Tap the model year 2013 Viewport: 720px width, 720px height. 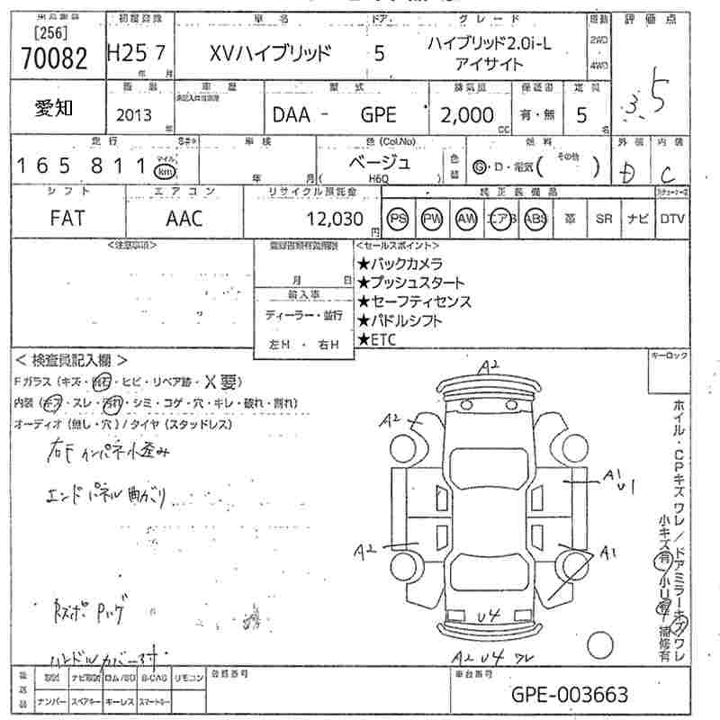click(x=135, y=115)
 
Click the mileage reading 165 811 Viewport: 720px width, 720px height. click(x=82, y=166)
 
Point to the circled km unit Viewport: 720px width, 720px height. click(x=165, y=171)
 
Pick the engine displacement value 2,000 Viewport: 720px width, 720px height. click(x=467, y=115)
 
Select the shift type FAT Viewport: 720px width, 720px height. click(x=67, y=219)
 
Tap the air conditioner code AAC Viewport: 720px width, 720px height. click(x=184, y=219)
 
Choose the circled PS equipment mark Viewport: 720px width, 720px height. click(x=397, y=219)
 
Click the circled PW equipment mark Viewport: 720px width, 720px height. click(x=432, y=219)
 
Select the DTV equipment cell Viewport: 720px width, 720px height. click(x=671, y=219)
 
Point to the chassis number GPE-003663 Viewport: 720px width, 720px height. click(x=570, y=695)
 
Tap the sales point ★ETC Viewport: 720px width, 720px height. click(x=378, y=339)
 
